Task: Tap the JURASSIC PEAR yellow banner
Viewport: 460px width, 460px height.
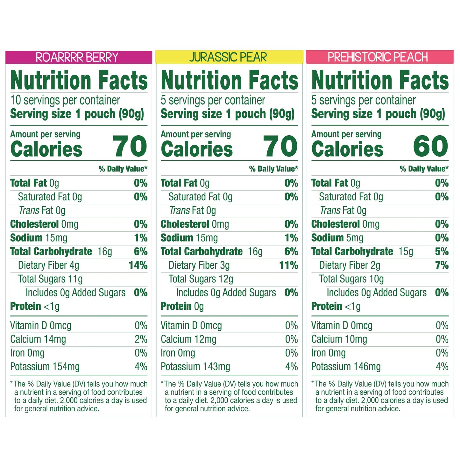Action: pyautogui.click(x=229, y=57)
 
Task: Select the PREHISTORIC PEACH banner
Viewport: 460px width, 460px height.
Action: pyautogui.click(x=379, y=57)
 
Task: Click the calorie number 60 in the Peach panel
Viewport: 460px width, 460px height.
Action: pyautogui.click(x=430, y=146)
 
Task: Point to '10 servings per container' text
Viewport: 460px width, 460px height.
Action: pyautogui.click(x=65, y=100)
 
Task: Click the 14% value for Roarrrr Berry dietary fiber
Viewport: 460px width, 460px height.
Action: pyautogui.click(x=138, y=265)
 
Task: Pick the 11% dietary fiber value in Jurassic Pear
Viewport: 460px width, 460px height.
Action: pyautogui.click(x=288, y=265)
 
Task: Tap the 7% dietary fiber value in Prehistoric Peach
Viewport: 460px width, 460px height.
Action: pyautogui.click(x=442, y=265)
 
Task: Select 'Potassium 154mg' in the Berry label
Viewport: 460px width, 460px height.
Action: pyautogui.click(x=45, y=367)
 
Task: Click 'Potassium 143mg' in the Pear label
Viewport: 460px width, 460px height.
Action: pyautogui.click(x=195, y=367)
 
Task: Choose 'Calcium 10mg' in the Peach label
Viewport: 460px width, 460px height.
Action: pyautogui.click(x=339, y=339)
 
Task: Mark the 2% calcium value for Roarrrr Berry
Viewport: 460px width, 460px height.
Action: pyautogui.click(x=141, y=339)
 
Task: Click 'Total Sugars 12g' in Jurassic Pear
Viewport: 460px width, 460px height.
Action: pyautogui.click(x=201, y=279)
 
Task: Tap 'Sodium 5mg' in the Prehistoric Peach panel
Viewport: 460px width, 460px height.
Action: pyautogui.click(x=337, y=238)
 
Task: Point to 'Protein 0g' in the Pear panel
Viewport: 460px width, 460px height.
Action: pyautogui.click(x=182, y=306)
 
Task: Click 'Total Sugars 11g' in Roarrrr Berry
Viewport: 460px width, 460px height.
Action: pyautogui.click(x=50, y=279)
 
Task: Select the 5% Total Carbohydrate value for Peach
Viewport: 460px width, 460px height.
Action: pyautogui.click(x=442, y=251)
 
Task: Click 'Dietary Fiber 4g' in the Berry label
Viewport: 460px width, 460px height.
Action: pyautogui.click(x=48, y=265)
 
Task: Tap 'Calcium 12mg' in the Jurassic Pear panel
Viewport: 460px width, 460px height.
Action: pyautogui.click(x=188, y=339)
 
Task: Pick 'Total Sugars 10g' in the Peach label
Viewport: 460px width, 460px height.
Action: pyautogui.click(x=351, y=279)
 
